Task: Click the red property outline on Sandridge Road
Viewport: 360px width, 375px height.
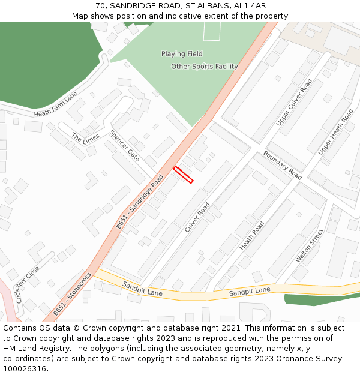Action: pos(184,175)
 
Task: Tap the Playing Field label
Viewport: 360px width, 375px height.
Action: pos(182,54)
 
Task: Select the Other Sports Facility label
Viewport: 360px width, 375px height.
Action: pos(205,67)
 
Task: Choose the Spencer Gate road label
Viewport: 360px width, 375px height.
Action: pos(124,145)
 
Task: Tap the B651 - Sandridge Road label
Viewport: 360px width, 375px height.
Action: pos(140,201)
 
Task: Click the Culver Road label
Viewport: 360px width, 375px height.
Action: pos(197,217)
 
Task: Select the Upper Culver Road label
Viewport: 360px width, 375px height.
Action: pos(294,102)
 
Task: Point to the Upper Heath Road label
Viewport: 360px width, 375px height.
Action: pos(335,132)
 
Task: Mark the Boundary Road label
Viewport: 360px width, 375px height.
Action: pos(282,165)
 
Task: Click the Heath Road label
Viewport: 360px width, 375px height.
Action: pos(252,236)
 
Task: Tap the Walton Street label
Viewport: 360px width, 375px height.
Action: pos(309,245)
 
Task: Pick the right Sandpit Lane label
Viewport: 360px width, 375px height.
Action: pos(250,292)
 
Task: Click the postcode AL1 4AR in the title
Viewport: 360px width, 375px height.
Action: pos(251,6)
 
